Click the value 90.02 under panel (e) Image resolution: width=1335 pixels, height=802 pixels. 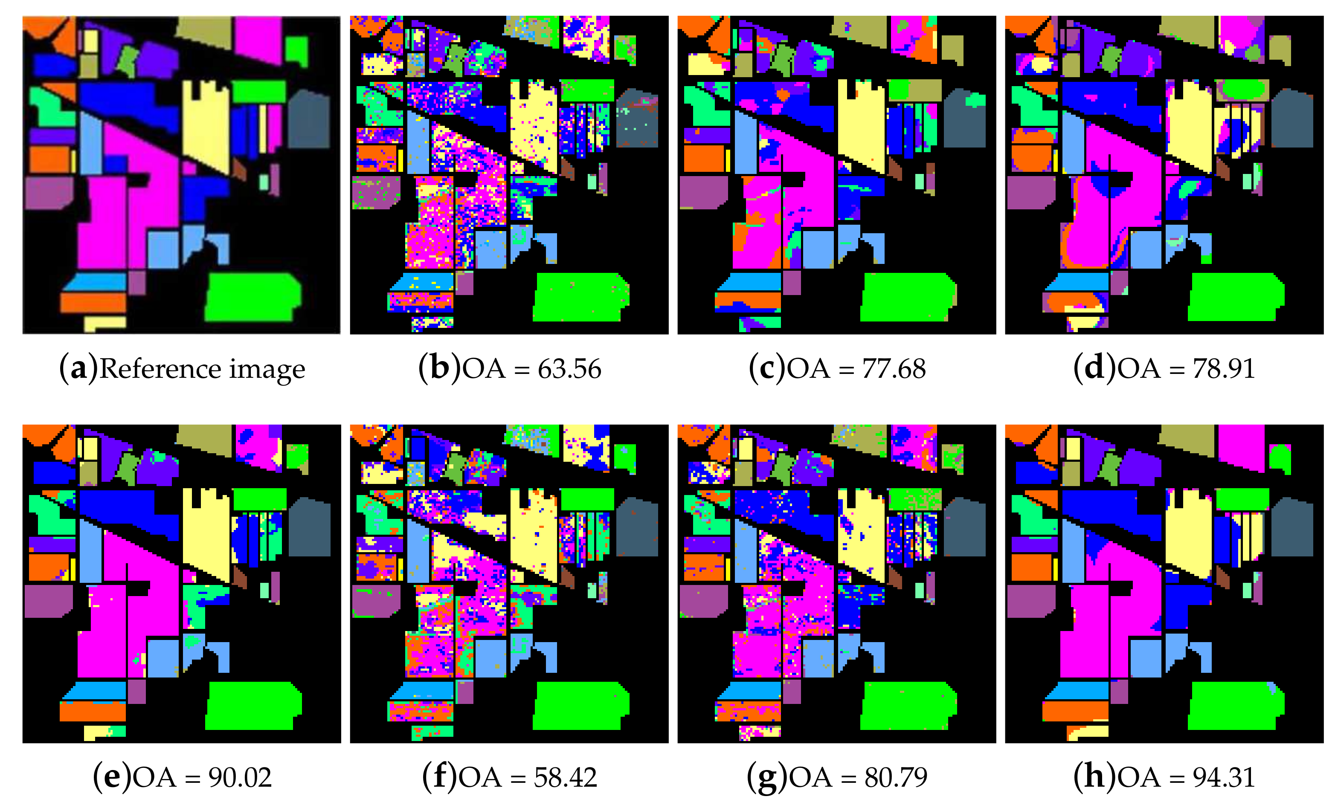(x=240, y=777)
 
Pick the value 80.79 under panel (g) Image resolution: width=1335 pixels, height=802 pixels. (x=896, y=777)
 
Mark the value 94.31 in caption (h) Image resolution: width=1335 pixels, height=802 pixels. (x=1224, y=777)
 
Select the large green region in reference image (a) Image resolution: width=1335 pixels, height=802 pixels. (x=251, y=296)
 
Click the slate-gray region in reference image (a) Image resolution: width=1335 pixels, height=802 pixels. (x=308, y=120)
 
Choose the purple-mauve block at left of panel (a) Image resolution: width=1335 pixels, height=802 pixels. (x=48, y=192)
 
